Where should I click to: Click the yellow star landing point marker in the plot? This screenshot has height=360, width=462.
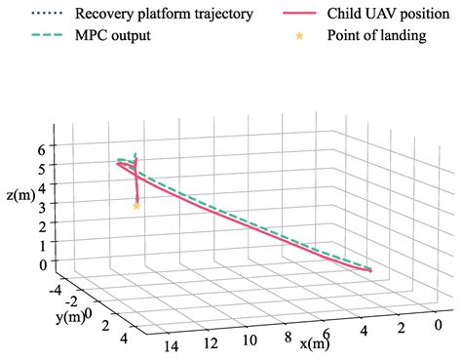click(x=136, y=206)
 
